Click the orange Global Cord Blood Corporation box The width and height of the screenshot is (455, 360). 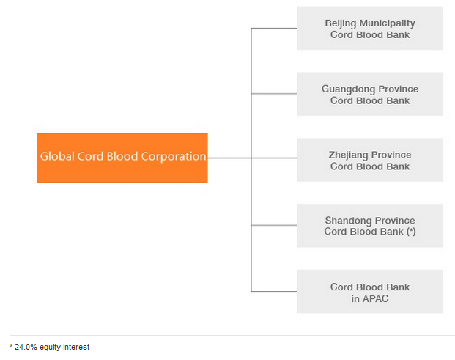point(122,158)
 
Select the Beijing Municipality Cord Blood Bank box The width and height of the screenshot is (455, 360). point(370,28)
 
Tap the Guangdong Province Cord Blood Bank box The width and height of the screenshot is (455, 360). point(370,94)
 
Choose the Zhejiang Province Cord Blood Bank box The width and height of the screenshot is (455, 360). point(370,160)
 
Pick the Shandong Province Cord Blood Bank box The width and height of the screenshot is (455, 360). point(370,226)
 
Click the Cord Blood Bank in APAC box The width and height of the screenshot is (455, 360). point(370,292)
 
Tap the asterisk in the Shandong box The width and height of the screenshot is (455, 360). point(411,231)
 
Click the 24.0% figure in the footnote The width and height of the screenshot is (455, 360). point(26,347)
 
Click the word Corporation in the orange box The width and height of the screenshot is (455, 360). point(174,156)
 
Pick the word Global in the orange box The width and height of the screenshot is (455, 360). point(57,156)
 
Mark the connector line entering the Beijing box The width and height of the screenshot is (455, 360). point(274,28)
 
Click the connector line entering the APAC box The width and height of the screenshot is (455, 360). point(274,291)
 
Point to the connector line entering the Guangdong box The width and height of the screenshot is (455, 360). point(274,94)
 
